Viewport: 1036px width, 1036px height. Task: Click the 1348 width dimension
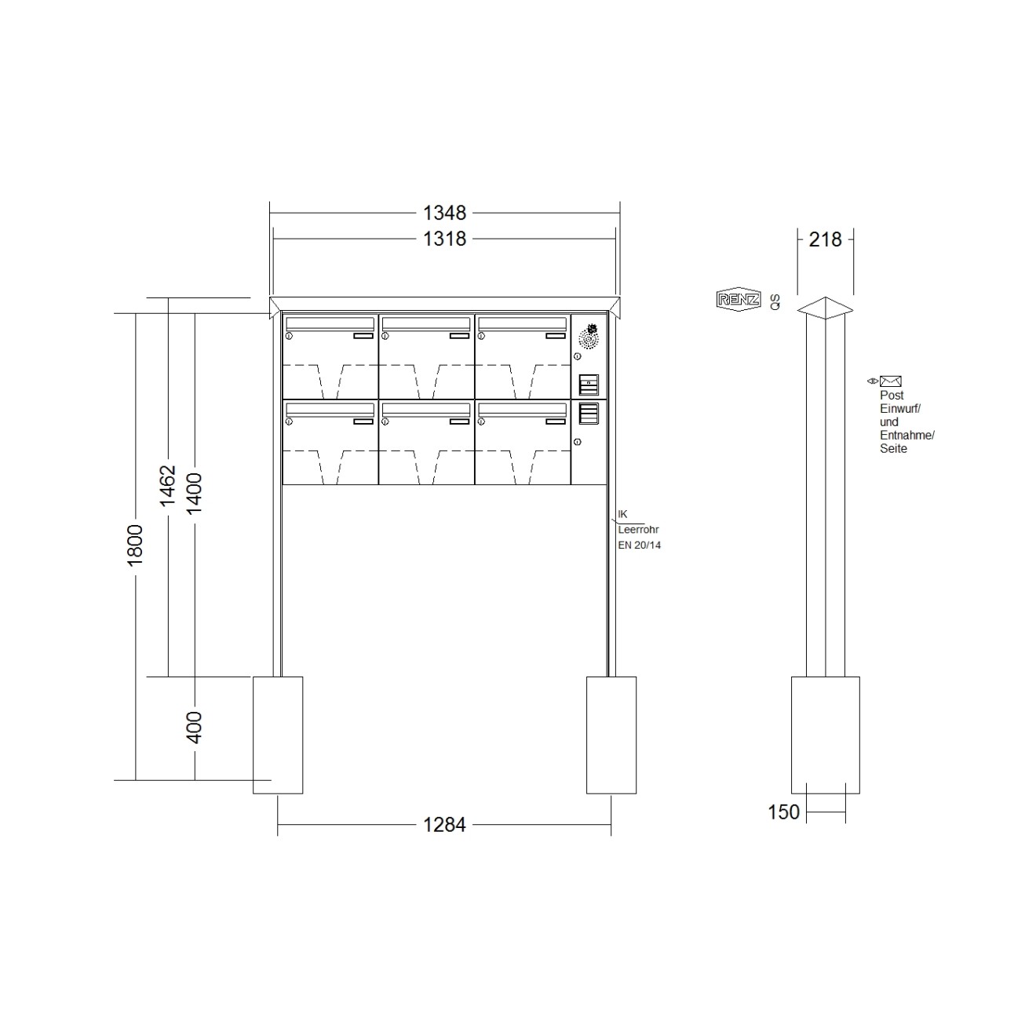tap(444, 213)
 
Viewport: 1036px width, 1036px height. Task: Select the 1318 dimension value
tap(444, 239)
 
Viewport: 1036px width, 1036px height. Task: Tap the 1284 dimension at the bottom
tap(444, 824)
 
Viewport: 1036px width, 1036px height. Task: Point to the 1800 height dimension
tap(135, 545)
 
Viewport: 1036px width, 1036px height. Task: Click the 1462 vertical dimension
tap(168, 486)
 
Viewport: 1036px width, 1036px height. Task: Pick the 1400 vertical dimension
tap(194, 494)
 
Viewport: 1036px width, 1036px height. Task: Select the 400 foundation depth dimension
tap(194, 728)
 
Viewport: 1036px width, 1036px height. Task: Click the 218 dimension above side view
tap(825, 239)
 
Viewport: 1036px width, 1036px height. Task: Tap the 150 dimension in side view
tap(783, 812)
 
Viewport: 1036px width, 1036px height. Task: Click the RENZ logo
tap(739, 299)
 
